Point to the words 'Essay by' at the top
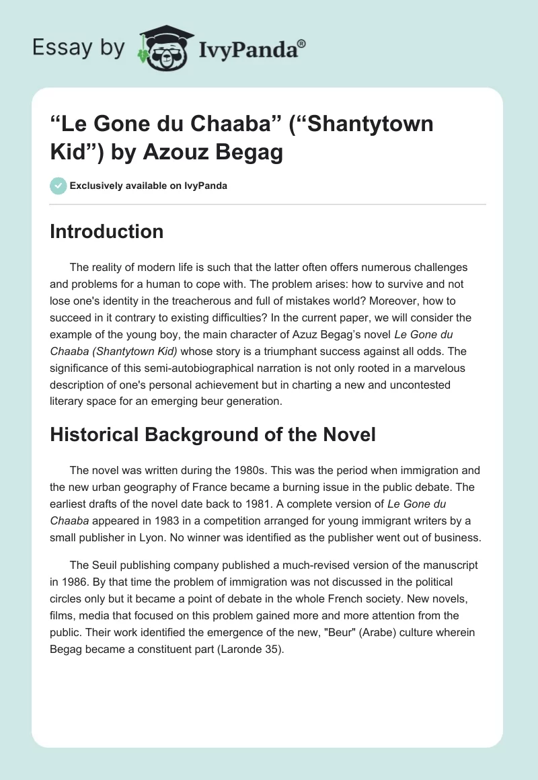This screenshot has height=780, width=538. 79,47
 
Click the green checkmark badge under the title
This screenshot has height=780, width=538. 58,186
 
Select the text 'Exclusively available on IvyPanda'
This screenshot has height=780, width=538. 149,186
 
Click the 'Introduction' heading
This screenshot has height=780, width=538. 107,232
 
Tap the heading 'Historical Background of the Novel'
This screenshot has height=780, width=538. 213,435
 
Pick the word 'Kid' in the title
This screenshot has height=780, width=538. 73,153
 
